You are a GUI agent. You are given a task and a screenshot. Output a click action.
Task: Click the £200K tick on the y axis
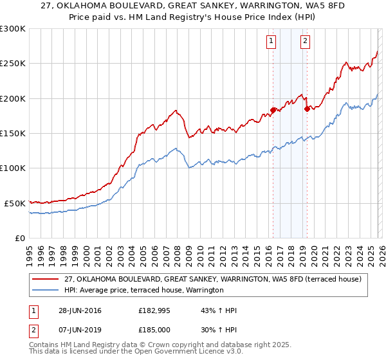pos(13,98)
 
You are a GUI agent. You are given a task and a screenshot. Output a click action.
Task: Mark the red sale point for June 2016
pos(273,110)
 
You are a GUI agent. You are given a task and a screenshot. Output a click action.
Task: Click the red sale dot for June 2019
pos(307,109)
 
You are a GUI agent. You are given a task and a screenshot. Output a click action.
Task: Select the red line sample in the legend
pos(46,279)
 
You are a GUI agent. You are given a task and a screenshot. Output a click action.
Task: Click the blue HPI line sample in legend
pos(46,290)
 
